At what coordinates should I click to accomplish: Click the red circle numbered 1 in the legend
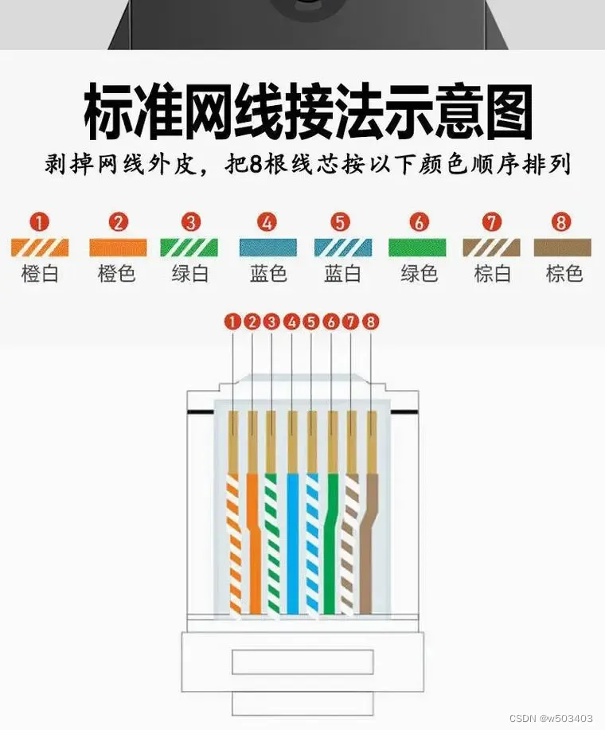(x=40, y=222)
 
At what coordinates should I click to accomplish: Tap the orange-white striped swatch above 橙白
(x=40, y=247)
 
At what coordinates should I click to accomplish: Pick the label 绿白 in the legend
(x=191, y=274)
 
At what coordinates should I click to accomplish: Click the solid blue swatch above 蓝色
(x=267, y=247)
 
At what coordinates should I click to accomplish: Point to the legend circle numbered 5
(x=342, y=222)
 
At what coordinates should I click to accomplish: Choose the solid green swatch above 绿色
(x=418, y=247)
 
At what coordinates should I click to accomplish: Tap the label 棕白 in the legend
(x=493, y=274)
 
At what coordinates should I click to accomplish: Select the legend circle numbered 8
(x=562, y=222)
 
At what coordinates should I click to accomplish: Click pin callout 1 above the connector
(x=232, y=322)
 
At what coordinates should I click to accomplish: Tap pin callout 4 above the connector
(x=291, y=322)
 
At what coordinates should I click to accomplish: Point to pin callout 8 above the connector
(x=371, y=322)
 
